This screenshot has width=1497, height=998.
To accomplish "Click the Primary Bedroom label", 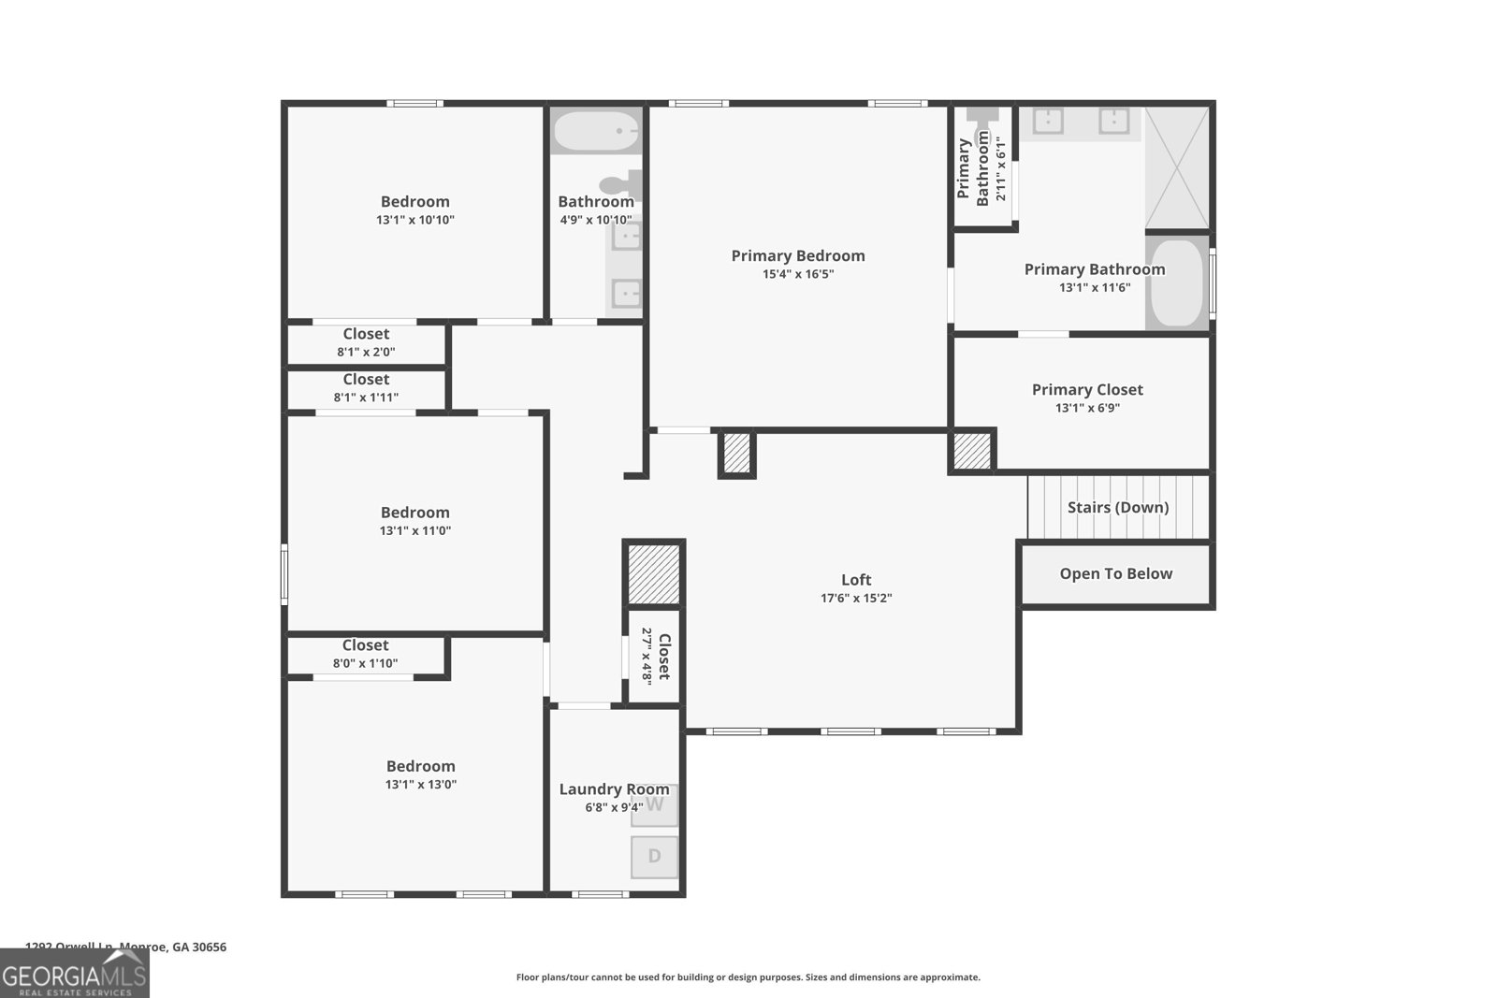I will click(x=797, y=255).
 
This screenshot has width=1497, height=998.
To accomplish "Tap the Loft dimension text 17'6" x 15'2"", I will click(x=856, y=599).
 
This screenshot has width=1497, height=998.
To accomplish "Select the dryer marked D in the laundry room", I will click(x=654, y=856).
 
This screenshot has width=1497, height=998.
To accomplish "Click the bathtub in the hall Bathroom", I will click(x=595, y=131).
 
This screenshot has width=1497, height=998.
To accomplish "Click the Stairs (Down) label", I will click(x=1118, y=507).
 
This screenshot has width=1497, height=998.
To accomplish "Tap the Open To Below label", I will click(x=1115, y=573).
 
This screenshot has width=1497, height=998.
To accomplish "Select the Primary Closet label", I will click(x=1087, y=389).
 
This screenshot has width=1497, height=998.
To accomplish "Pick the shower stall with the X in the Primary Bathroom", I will click(x=1177, y=167).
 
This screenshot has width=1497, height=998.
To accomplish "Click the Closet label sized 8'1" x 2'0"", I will click(x=366, y=334).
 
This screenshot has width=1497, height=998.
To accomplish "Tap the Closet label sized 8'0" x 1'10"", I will click(x=365, y=645).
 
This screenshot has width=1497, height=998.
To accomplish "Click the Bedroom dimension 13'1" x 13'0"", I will click(x=420, y=785).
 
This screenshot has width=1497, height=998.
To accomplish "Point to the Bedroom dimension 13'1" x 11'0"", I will click(x=414, y=530).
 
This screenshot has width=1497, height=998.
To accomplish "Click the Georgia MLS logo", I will click(x=74, y=976).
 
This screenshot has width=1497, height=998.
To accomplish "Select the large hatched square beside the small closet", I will click(x=653, y=573).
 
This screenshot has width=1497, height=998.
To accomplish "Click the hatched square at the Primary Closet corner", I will click(x=972, y=451).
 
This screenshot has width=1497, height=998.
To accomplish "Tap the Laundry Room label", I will click(x=614, y=788).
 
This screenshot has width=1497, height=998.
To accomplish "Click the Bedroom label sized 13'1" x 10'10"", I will click(x=414, y=201).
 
